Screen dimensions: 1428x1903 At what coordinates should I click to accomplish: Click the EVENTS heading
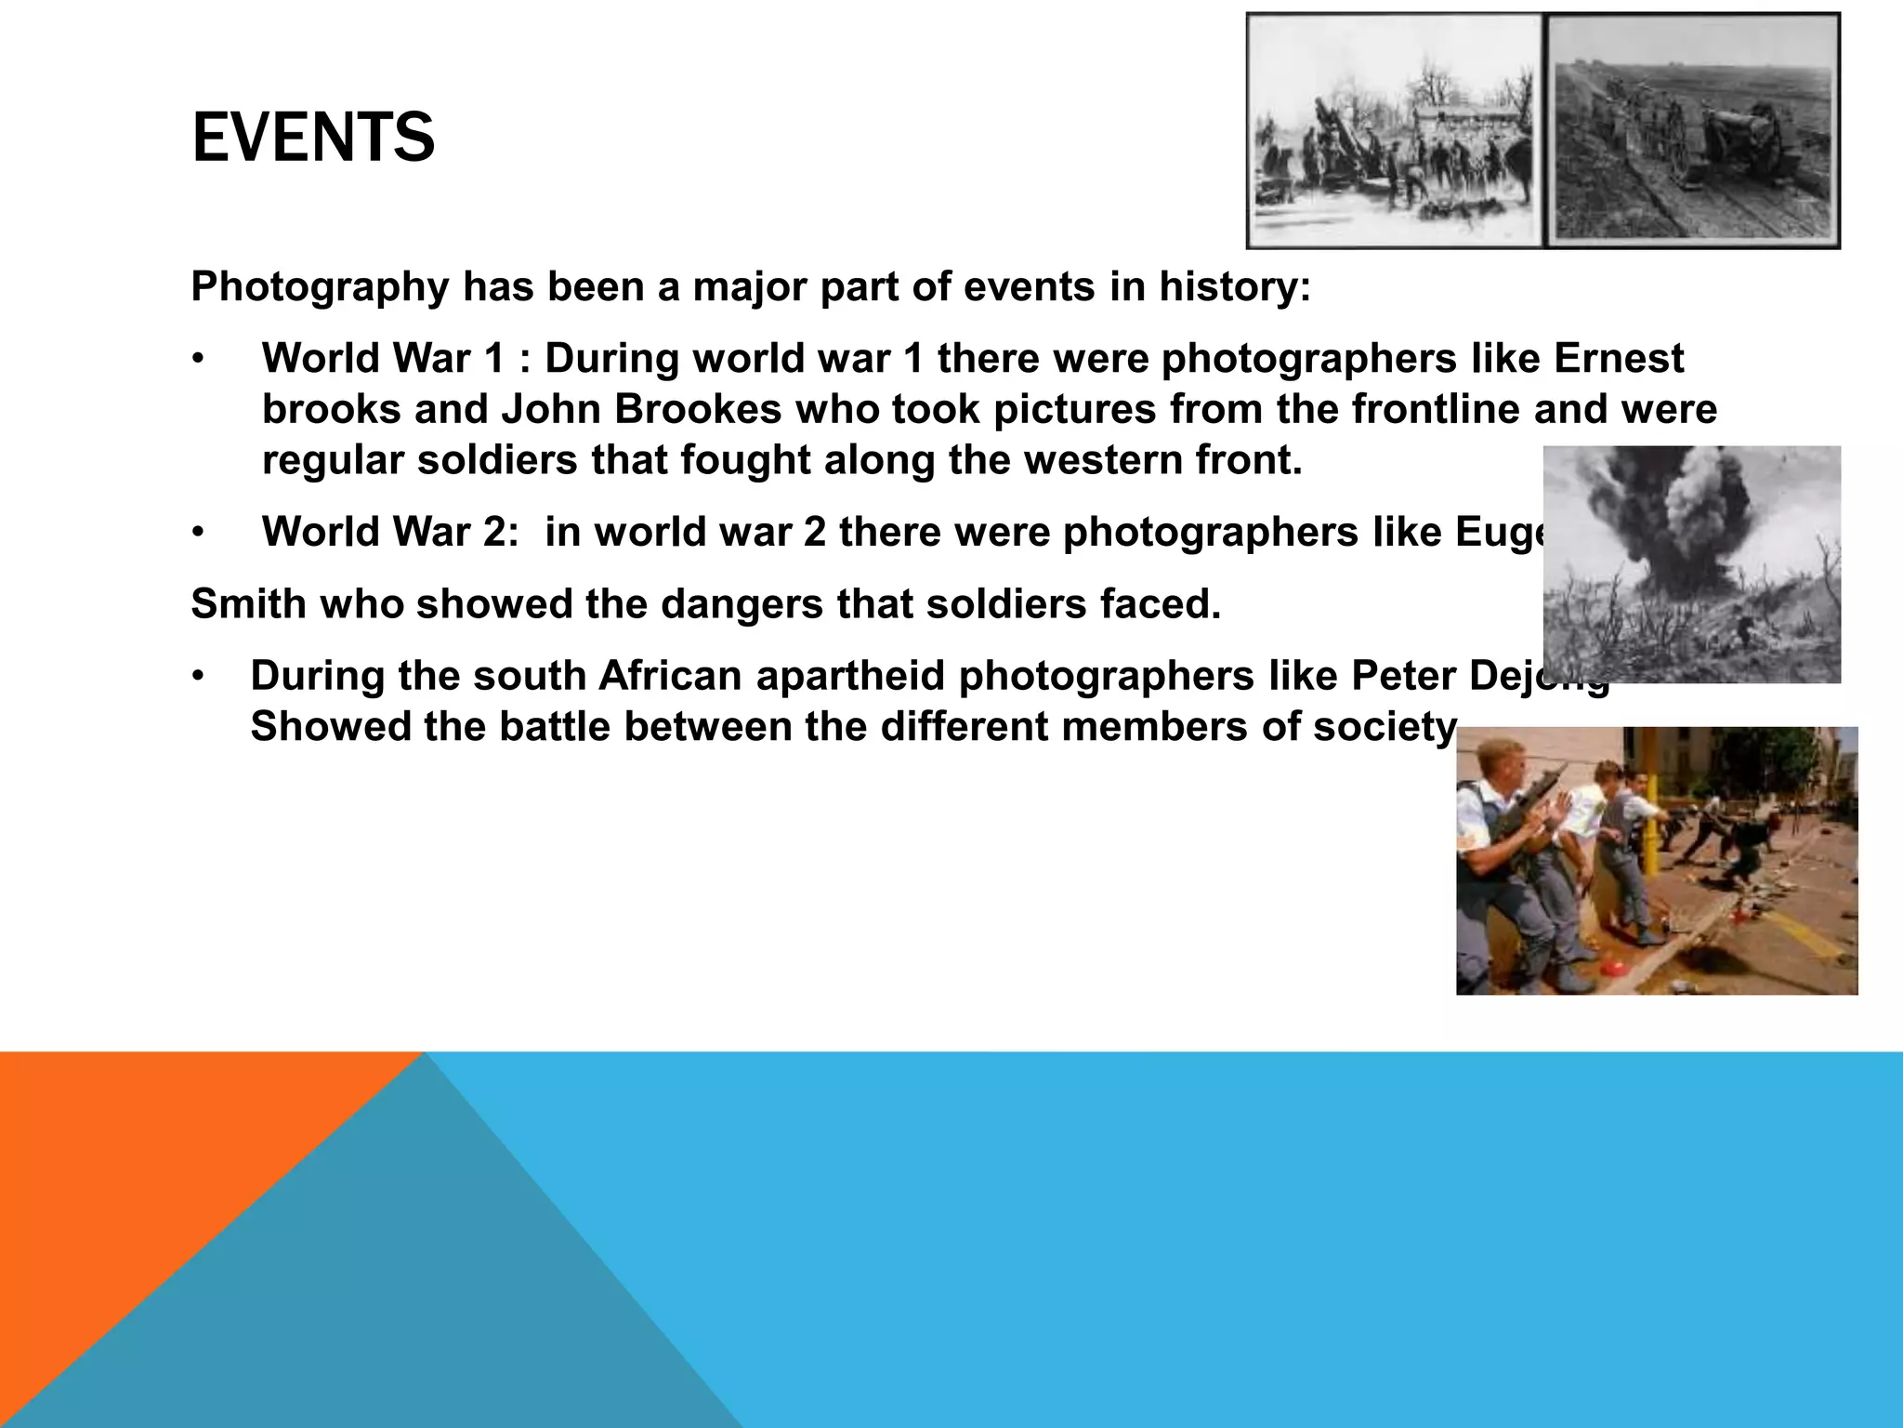tap(313, 138)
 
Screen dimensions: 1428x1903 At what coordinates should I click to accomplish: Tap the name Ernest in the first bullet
tap(1618, 359)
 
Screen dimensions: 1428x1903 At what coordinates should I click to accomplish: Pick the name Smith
tap(248, 604)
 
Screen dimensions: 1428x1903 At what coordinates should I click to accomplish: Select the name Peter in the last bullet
tap(1402, 676)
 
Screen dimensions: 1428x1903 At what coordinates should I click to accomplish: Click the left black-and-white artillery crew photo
tap(1394, 130)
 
